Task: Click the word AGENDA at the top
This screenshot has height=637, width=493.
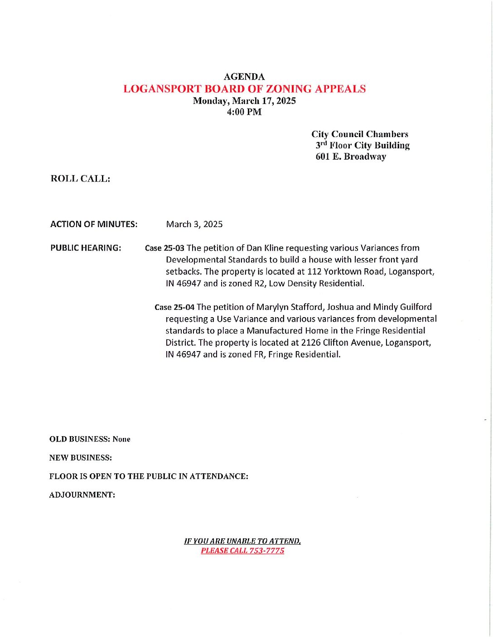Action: click(x=244, y=77)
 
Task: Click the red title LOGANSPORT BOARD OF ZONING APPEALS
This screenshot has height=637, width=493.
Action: click(x=244, y=89)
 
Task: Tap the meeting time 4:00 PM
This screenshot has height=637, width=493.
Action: click(x=244, y=112)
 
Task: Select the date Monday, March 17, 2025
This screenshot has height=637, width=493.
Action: click(x=244, y=100)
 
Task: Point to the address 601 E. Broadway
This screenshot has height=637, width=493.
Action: click(x=351, y=157)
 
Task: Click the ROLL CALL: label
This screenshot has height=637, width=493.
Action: click(x=80, y=179)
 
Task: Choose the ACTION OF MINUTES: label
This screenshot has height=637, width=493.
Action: click(x=94, y=224)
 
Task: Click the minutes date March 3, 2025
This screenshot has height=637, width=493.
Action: click(x=194, y=224)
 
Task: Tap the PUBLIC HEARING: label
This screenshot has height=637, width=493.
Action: click(x=86, y=248)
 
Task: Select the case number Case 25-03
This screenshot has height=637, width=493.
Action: click(x=164, y=248)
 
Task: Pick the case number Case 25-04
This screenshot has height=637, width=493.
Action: click(x=174, y=307)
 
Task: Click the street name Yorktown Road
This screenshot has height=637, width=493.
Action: click(x=348, y=271)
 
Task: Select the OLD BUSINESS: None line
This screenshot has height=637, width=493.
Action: click(x=90, y=439)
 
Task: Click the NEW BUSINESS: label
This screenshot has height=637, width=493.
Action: click(x=80, y=458)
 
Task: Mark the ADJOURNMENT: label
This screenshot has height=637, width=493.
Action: click(x=82, y=495)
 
